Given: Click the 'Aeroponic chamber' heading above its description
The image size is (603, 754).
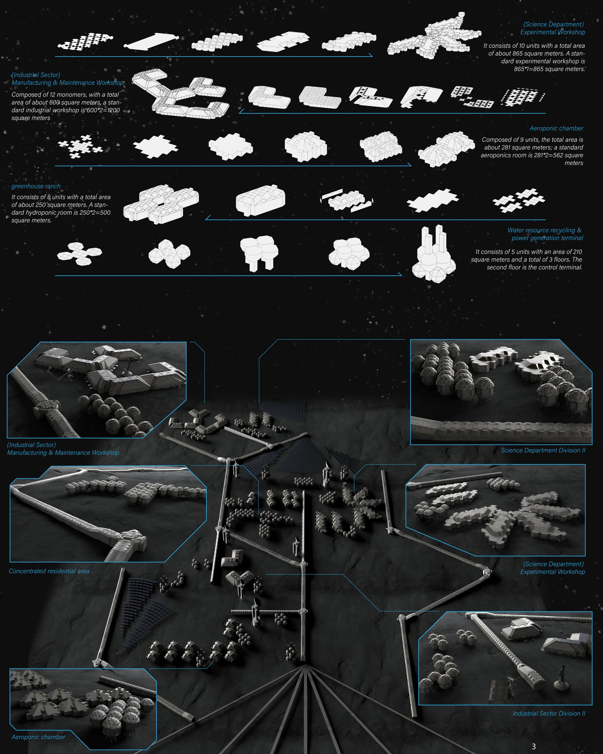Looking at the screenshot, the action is pyautogui.click(x=556, y=128).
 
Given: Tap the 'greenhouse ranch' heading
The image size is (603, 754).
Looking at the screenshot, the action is pyautogui.click(x=36, y=186).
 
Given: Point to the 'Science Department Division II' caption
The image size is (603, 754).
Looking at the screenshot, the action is pyautogui.click(x=543, y=450).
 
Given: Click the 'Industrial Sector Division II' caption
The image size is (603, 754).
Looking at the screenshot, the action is pyautogui.click(x=549, y=713).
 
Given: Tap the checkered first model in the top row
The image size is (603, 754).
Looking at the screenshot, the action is pyautogui.click(x=85, y=41).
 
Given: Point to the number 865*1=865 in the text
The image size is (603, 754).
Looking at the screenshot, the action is pyautogui.click(x=531, y=69).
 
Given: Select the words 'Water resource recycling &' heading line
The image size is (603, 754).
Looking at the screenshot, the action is pyautogui.click(x=544, y=230).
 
